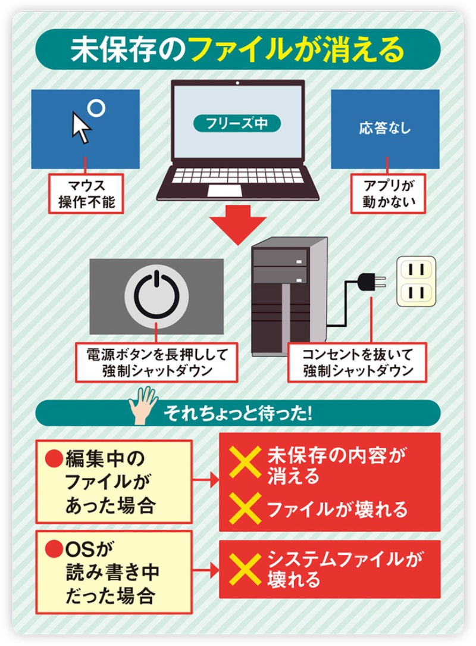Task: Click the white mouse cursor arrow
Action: tap(81, 127)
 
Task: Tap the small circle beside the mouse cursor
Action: tap(97, 108)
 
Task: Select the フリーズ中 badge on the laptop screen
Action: tap(237, 123)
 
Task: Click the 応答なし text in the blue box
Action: tap(385, 128)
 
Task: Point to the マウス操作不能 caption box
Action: tap(86, 194)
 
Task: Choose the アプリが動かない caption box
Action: tap(388, 194)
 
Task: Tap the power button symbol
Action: tap(156, 296)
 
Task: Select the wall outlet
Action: tap(416, 282)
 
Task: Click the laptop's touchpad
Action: tap(225, 191)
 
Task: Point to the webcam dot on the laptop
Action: tap(237, 83)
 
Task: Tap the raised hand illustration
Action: tap(143, 405)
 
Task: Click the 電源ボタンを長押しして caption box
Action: tap(156, 363)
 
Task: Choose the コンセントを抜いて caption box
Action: tap(357, 363)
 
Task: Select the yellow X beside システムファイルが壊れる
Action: tap(245, 569)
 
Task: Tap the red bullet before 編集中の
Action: tap(54, 458)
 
